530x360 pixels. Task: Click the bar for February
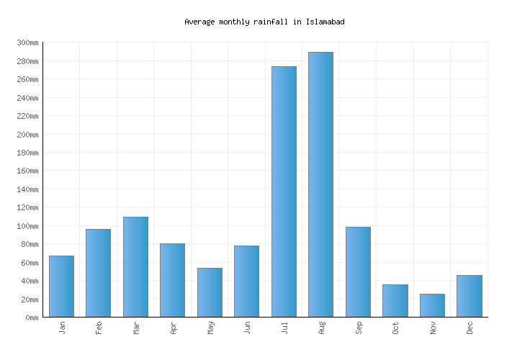98,273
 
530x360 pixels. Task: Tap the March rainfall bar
135,267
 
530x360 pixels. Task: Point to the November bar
432,305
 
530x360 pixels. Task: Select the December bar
469,296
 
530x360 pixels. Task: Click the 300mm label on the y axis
27,42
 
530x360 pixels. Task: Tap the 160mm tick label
27,171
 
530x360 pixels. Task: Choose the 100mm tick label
27,226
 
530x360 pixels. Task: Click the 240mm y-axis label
27,98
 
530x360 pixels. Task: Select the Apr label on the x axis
173,328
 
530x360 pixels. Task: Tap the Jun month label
247,328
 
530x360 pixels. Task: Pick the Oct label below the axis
395,328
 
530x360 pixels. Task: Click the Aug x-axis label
321,328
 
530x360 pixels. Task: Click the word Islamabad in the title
325,22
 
